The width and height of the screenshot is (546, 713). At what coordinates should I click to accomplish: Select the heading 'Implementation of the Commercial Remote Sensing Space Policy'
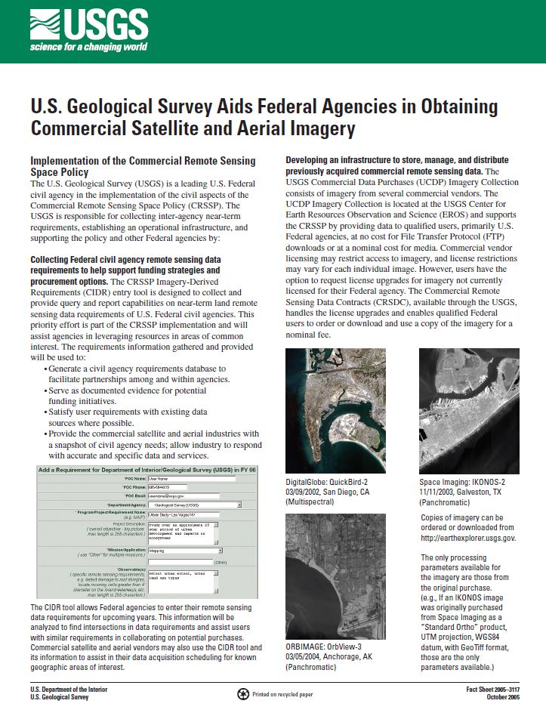click(x=142, y=166)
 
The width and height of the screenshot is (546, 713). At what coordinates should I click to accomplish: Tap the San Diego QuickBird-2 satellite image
click(x=335, y=410)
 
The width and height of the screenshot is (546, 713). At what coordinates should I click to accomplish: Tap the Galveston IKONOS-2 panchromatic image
click(x=469, y=410)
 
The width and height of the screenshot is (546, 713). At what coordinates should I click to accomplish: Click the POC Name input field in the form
click(x=181, y=479)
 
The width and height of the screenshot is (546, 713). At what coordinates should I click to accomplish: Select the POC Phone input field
click(x=181, y=487)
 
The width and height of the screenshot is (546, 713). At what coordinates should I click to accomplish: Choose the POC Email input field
click(x=181, y=495)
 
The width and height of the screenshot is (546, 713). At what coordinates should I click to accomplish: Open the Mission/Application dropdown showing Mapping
click(x=181, y=551)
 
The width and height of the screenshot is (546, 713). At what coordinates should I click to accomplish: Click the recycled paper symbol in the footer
click(x=242, y=694)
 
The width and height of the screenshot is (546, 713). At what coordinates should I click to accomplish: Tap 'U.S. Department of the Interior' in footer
click(x=69, y=690)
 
